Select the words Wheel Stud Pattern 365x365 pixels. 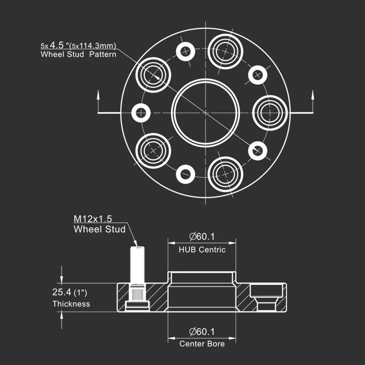coord(78,54)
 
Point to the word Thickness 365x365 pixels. coord(71,304)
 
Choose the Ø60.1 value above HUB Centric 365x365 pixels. coord(202,236)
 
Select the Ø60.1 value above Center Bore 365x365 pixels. coord(202,332)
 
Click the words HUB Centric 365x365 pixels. coord(202,250)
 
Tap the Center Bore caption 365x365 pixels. coord(202,344)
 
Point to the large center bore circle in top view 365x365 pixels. coord(205,113)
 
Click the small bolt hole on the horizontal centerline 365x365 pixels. coord(141,113)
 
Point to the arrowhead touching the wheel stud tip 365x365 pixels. coord(135,243)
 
